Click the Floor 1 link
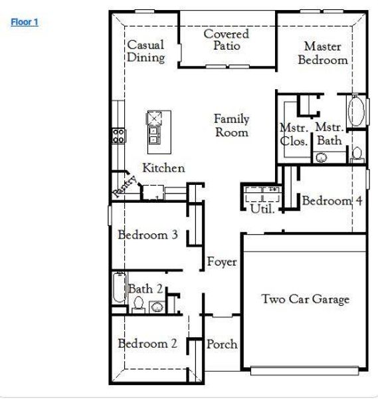[x=25, y=22]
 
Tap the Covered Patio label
[x=227, y=40]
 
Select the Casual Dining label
[x=146, y=51]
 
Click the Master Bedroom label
[x=322, y=53]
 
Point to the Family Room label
[x=231, y=125]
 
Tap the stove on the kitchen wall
[x=119, y=136]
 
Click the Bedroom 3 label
[x=147, y=235]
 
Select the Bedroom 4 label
[x=332, y=201]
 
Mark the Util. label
[x=262, y=209]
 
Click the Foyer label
[x=222, y=262]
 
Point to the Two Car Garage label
[x=305, y=299]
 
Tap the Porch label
[x=222, y=344]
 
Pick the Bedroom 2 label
[x=147, y=344]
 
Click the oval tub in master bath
[x=355, y=112]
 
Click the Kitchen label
[x=163, y=168]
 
